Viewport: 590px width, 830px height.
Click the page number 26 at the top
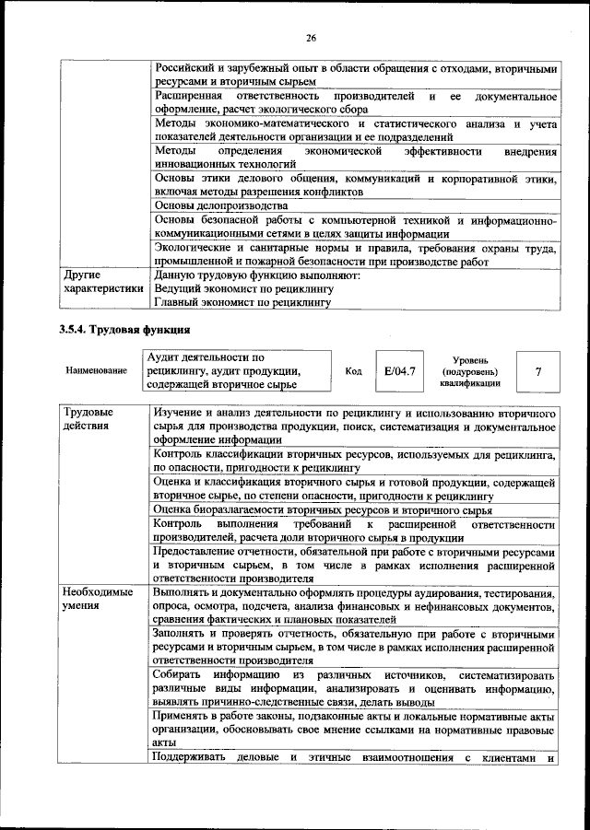[311, 38]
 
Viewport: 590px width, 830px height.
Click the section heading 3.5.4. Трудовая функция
[124, 329]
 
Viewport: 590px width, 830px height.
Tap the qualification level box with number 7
[537, 370]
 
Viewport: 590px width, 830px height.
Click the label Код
[353, 371]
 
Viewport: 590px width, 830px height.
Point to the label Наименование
[96, 371]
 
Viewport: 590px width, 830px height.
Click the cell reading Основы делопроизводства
[221, 205]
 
